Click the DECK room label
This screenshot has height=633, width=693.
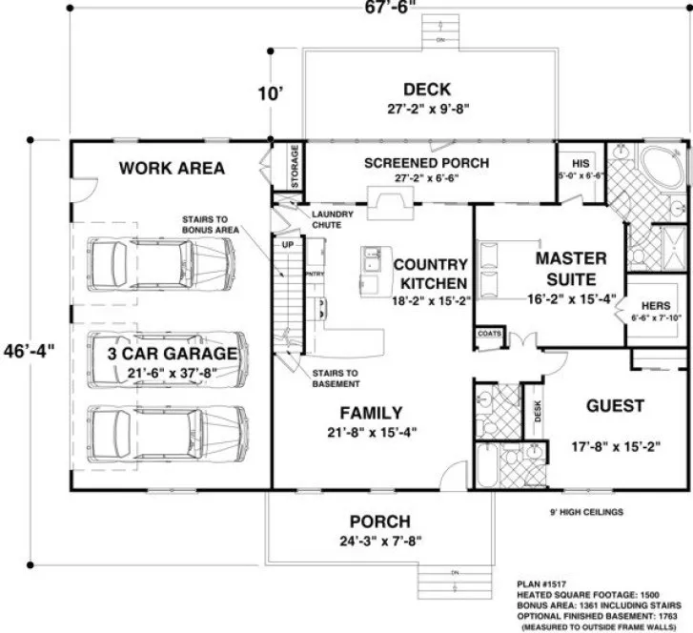point(426,90)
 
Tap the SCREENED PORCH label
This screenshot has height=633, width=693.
point(426,163)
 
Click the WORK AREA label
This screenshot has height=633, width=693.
point(172,169)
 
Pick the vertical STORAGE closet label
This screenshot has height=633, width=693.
point(295,166)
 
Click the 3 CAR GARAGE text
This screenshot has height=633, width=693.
point(172,355)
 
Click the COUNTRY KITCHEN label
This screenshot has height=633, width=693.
point(431,274)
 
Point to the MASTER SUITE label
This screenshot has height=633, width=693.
point(570,268)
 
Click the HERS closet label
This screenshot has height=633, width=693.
point(653,303)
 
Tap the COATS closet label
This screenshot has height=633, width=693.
point(490,333)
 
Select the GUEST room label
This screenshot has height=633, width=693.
point(617,405)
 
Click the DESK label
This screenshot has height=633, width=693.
point(539,409)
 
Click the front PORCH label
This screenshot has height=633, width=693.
point(379,521)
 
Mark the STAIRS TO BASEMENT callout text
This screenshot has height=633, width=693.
point(336,378)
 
